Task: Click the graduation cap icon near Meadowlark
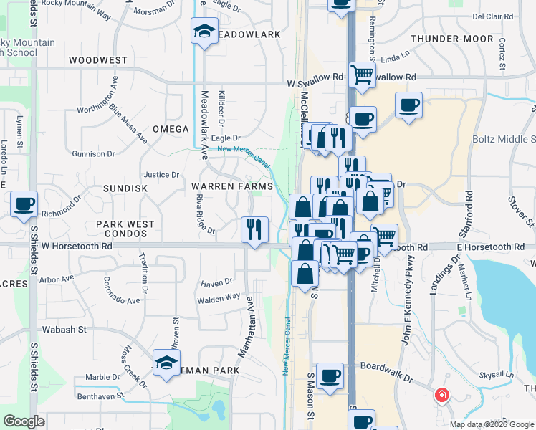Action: (x=204, y=31)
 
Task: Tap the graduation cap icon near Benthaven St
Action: (x=166, y=361)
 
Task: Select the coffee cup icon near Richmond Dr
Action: (x=24, y=204)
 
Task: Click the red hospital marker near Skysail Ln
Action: (x=442, y=395)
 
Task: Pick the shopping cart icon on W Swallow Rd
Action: (x=363, y=74)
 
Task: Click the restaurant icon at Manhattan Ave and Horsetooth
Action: (x=254, y=229)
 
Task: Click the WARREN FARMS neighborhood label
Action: (x=232, y=186)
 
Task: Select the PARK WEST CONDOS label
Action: (x=125, y=229)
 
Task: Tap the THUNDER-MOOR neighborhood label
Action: (x=452, y=39)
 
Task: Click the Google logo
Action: (x=24, y=421)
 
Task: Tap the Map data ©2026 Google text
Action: (x=491, y=424)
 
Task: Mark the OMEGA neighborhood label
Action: (x=170, y=129)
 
